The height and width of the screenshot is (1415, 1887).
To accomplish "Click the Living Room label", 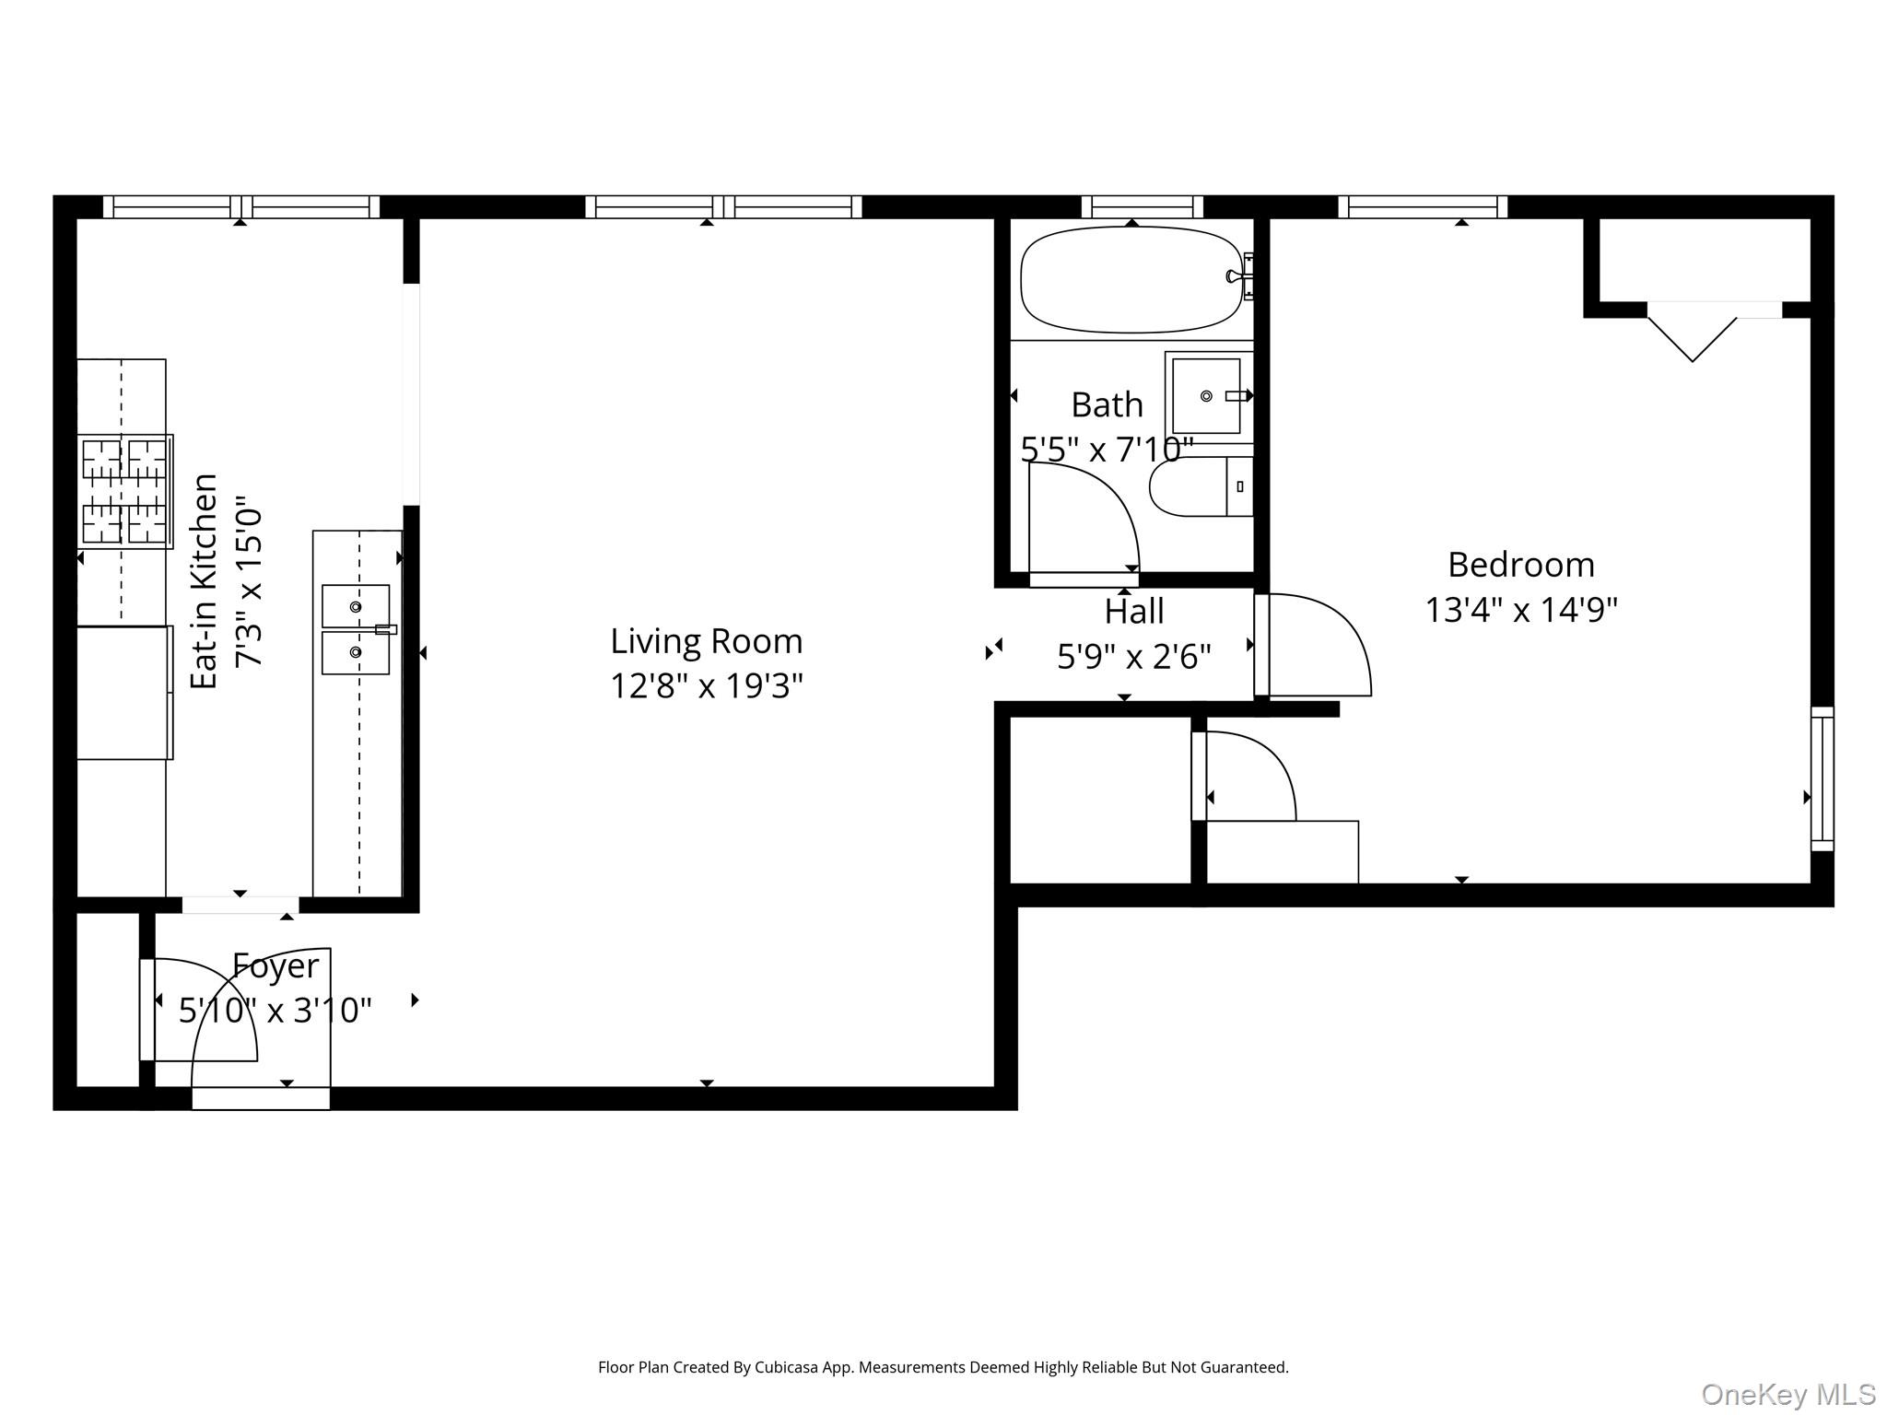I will pyautogui.click(x=706, y=641).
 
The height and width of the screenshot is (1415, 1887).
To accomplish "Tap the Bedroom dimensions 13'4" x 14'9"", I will pyautogui.click(x=1521, y=610).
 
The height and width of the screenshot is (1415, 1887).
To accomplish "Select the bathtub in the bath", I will pyautogui.click(x=1131, y=279).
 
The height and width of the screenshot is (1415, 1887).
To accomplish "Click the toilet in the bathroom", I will pyautogui.click(x=1198, y=486).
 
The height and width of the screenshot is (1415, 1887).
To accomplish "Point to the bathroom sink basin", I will pyautogui.click(x=1205, y=396).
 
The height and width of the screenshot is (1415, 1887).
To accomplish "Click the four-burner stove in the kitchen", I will pyautogui.click(x=125, y=491).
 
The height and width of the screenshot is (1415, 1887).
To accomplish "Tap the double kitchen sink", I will pyautogui.click(x=356, y=629).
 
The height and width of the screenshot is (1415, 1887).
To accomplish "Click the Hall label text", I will pyautogui.click(x=1133, y=612).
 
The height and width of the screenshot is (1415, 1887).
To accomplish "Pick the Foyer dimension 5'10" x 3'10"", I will pyautogui.click(x=275, y=1011).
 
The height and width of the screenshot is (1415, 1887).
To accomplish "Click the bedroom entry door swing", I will pyautogui.click(x=1318, y=645).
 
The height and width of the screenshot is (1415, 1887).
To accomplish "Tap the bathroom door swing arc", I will pyautogui.click(x=1087, y=516).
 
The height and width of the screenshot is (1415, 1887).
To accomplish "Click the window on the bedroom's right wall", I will pyautogui.click(x=1822, y=778).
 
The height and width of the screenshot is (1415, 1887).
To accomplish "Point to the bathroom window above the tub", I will pyautogui.click(x=1142, y=206).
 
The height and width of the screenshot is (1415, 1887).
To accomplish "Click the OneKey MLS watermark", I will pyautogui.click(x=1787, y=1395).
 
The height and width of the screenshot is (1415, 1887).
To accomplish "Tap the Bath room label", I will pyautogui.click(x=1107, y=405).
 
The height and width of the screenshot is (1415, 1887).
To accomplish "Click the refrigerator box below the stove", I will pyautogui.click(x=123, y=693).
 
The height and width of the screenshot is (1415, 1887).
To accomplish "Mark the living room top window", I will pyautogui.click(x=723, y=206).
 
